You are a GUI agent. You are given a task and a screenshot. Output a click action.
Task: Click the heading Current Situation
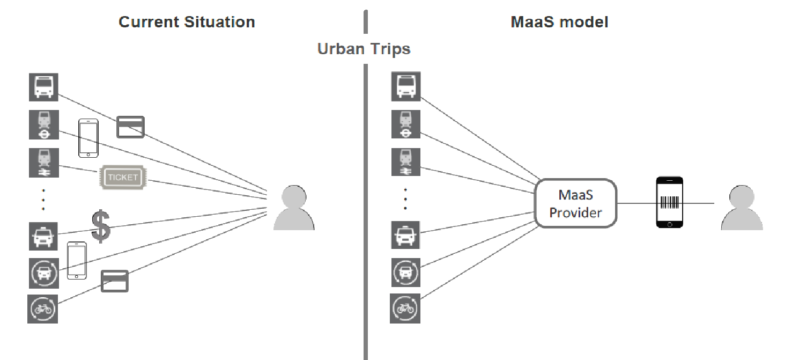[x=187, y=22]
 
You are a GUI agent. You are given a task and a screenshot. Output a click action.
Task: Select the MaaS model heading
[x=559, y=22]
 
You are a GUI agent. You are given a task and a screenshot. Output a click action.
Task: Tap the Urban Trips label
[x=364, y=49]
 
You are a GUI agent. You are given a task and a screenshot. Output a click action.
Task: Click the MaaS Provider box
[x=576, y=203]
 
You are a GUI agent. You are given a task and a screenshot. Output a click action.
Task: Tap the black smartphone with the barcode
[x=670, y=203]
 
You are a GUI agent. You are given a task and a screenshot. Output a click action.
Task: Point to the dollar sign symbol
[x=101, y=226]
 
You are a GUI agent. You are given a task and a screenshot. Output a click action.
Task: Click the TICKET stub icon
[x=123, y=177]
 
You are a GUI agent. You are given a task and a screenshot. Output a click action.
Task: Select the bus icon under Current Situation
[x=43, y=86]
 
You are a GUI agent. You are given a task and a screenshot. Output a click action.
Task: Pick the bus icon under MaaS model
[x=406, y=86]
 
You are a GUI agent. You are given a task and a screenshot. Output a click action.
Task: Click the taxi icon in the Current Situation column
[x=43, y=236]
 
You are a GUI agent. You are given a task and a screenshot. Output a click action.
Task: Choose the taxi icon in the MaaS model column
[x=406, y=236]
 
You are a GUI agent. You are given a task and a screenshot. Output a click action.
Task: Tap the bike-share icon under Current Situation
[x=42, y=308]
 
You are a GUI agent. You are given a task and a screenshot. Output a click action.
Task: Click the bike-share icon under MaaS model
[x=406, y=308]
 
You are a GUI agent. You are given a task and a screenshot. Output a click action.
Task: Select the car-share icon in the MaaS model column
[x=406, y=273]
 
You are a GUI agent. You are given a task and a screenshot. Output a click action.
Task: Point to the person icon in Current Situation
[x=294, y=208]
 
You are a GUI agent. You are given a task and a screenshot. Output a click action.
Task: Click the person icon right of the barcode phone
[x=742, y=208]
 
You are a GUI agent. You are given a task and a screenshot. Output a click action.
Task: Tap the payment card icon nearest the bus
[x=131, y=127]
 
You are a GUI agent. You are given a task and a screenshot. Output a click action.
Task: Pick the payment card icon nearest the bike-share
[x=115, y=281]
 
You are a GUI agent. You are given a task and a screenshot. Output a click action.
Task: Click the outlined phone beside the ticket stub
[x=88, y=138]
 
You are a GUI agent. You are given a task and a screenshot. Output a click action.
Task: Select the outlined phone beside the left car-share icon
[x=77, y=260]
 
